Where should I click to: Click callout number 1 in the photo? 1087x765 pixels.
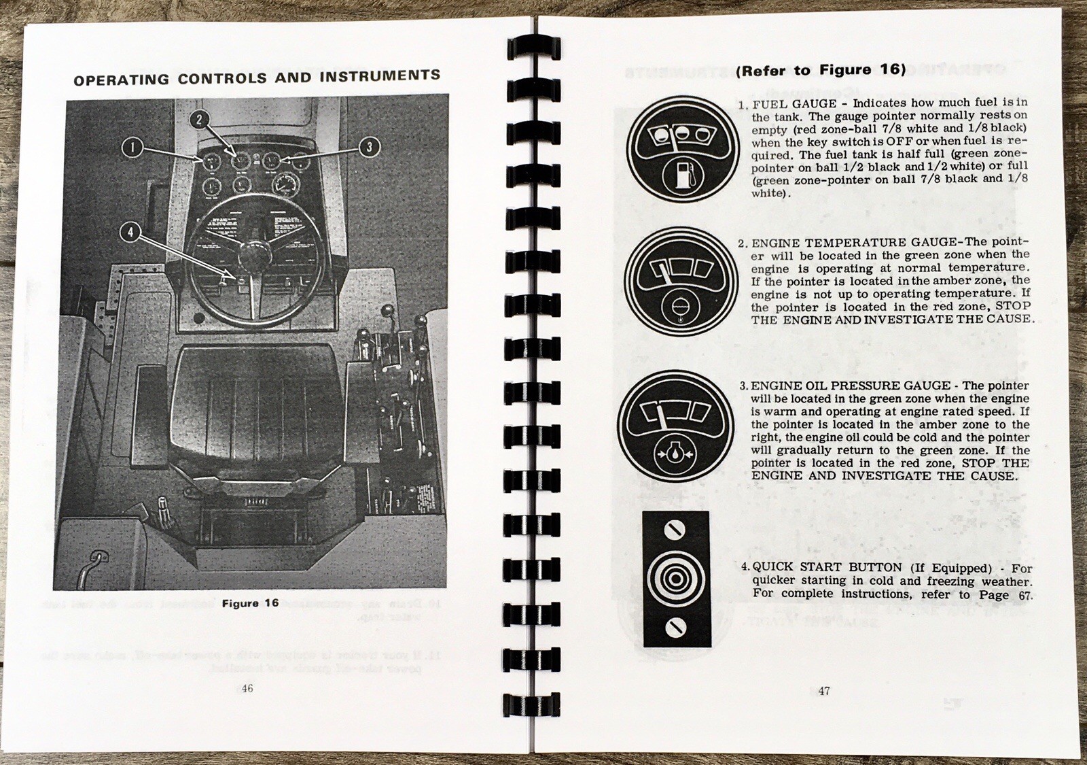tap(133, 148)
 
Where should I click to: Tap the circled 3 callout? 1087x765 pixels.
tap(369, 147)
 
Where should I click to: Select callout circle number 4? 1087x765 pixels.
tap(129, 233)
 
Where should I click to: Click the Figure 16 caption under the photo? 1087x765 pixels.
tap(250, 603)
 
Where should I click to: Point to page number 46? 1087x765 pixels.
tap(247, 688)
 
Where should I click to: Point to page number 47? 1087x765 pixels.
tap(823, 691)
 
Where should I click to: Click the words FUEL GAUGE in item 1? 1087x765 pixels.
tap(795, 104)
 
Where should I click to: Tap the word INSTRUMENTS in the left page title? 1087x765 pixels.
tap(380, 75)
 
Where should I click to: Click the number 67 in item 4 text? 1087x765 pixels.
tap(1024, 596)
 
